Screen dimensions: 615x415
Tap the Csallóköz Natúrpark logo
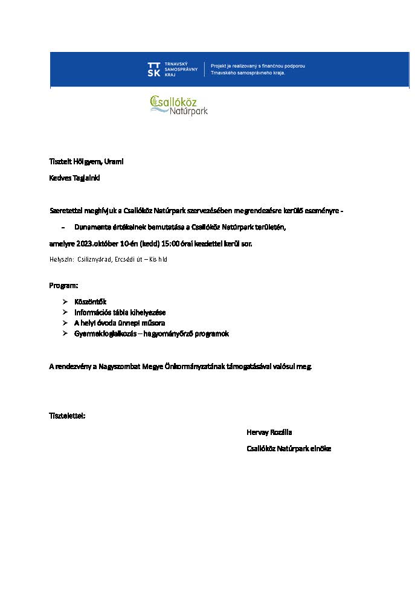tap(179, 105)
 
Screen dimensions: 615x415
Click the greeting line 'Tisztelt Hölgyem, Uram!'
tap(86, 162)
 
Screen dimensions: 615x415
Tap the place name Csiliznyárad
tap(94, 259)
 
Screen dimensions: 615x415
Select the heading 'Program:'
tap(63, 285)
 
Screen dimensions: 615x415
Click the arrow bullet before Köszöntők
tap(65, 301)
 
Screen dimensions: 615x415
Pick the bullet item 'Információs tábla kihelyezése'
tap(120, 312)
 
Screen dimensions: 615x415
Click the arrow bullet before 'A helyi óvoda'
tap(65, 323)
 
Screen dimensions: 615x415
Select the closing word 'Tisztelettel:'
tap(67, 416)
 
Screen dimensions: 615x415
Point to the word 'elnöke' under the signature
tap(320, 449)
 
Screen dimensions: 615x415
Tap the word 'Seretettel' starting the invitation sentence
tap(66, 211)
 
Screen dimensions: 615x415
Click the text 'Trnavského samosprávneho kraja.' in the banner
tap(248, 72)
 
